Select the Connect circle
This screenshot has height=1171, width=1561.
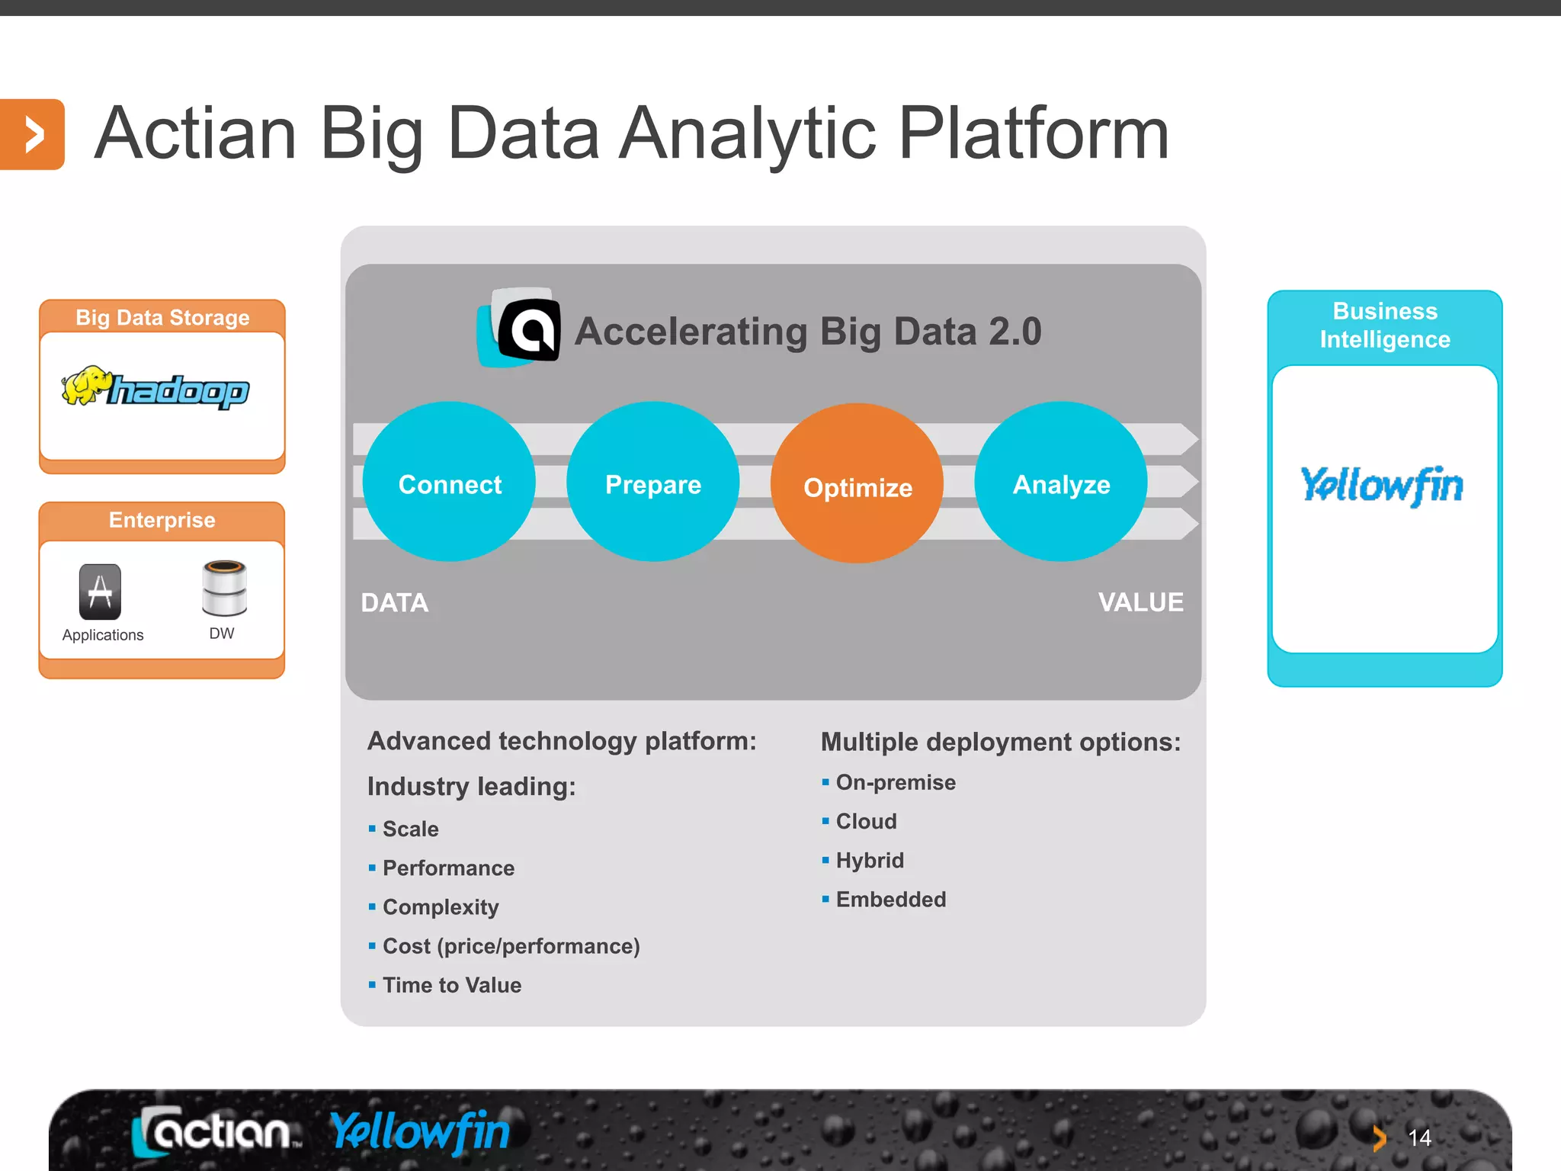[x=449, y=482]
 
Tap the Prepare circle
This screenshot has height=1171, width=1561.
[x=652, y=482]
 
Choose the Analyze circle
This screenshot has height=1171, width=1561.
[x=1061, y=482]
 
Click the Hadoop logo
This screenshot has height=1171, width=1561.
[x=156, y=389]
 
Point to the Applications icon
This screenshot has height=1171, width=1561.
[x=100, y=592]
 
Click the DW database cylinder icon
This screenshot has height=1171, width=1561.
[x=224, y=588]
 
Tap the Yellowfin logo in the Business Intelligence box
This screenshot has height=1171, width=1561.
[x=1382, y=485]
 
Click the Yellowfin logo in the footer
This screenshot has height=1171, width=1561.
[x=420, y=1131]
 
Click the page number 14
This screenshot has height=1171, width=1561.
[x=1419, y=1138]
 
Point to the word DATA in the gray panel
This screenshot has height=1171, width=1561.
[x=394, y=603]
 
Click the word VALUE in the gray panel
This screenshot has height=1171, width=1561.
[x=1140, y=602]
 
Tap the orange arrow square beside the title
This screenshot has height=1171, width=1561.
[x=32, y=135]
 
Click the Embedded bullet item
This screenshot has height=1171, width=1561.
[x=890, y=900]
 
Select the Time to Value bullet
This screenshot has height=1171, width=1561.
[x=451, y=985]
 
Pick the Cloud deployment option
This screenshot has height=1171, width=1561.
[x=866, y=821]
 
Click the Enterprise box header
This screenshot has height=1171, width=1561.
[x=162, y=521]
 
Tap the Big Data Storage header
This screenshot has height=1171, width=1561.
[x=162, y=317]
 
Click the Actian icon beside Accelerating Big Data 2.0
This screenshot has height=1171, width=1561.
[x=521, y=329]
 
